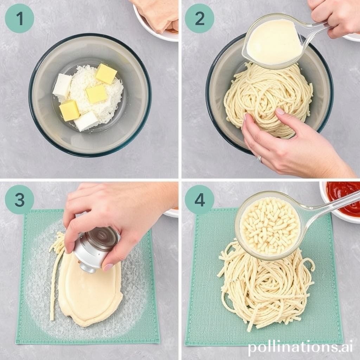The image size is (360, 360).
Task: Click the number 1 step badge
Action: click(x=20, y=18)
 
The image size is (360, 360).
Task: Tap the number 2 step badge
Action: click(x=200, y=18)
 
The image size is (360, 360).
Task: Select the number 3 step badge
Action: click(x=20, y=200)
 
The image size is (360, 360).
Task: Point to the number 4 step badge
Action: click(x=200, y=200)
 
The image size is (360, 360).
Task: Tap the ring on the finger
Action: click(x=259, y=159)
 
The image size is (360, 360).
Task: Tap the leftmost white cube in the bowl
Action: click(x=62, y=85)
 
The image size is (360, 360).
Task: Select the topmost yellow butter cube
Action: click(x=106, y=74)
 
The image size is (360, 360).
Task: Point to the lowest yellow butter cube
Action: click(x=69, y=110)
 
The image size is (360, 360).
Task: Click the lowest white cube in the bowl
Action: click(x=86, y=121)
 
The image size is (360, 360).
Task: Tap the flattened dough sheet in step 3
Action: click(x=90, y=291)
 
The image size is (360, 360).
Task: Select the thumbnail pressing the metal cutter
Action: click(x=108, y=267)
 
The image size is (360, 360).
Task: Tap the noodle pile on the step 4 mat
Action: click(x=266, y=285)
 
